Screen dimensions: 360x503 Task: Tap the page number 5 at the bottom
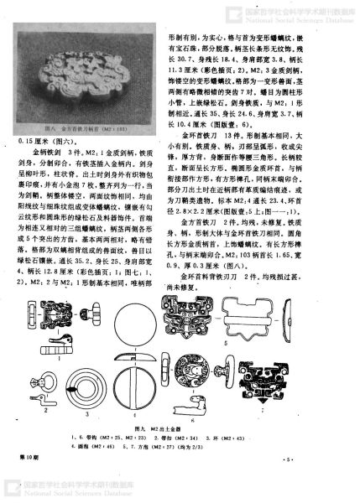click(336, 459)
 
